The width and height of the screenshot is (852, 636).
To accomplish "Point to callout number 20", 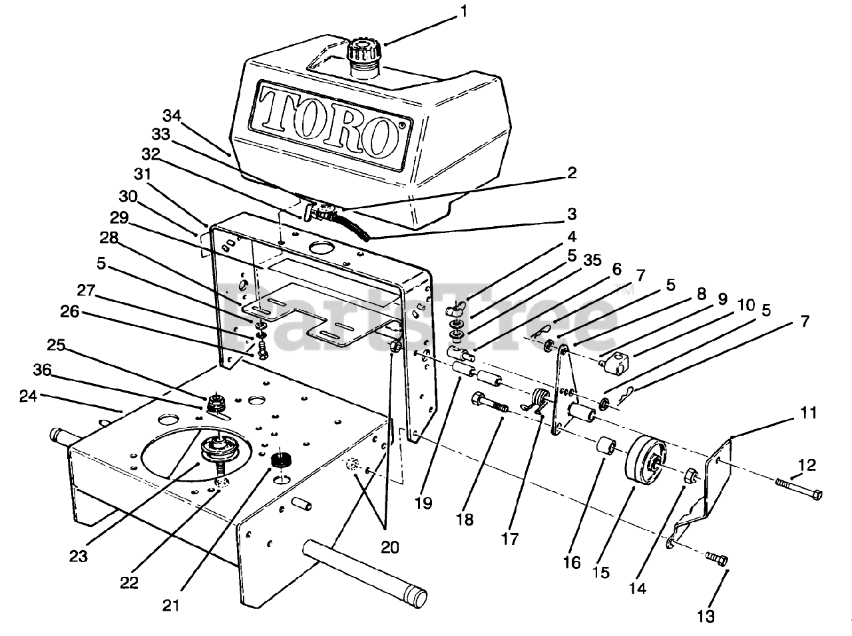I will coord(389,547).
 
